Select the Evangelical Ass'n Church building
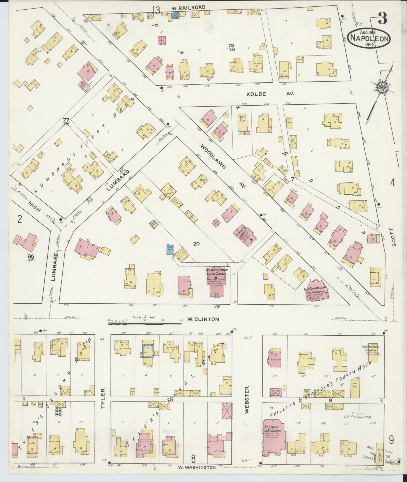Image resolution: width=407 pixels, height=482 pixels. pos(315,291)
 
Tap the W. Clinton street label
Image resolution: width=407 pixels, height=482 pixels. pos(203,319)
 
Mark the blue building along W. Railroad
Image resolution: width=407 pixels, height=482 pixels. pos(175,16)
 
